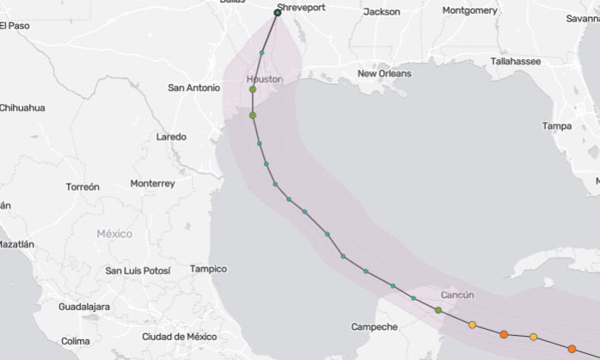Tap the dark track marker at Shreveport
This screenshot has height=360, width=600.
278,12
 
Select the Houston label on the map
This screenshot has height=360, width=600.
265,78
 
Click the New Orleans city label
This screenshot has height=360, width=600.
384,74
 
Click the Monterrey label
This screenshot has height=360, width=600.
153,184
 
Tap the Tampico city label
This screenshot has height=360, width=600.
208,269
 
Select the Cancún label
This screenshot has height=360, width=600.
456,295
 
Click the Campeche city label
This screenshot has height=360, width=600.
375,326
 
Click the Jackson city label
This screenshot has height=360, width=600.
382,12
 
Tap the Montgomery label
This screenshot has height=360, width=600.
469,10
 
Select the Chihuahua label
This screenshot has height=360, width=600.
22,107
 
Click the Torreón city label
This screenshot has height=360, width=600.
83,186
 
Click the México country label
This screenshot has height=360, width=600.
114,234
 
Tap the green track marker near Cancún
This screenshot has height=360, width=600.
438,309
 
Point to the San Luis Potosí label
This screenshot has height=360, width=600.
138,271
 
